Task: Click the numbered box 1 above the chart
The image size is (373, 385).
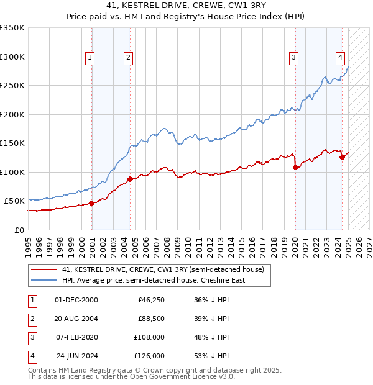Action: [x=90, y=58]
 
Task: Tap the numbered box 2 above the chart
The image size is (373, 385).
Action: [x=127, y=58]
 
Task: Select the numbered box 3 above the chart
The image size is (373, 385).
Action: [x=293, y=58]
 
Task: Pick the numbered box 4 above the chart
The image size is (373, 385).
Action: [x=341, y=58]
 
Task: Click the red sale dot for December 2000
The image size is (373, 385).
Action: [x=92, y=203]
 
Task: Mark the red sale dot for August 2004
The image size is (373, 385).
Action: [x=130, y=179]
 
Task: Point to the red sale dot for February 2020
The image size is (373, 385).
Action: [x=295, y=167]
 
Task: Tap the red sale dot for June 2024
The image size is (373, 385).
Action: [x=342, y=157]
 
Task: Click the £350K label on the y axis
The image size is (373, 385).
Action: [x=12, y=28]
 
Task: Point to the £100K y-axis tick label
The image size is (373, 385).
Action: [x=12, y=172]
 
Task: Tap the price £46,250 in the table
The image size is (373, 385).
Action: [x=152, y=300]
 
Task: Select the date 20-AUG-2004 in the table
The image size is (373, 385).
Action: [x=76, y=319]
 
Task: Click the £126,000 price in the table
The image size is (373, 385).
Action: [x=150, y=356]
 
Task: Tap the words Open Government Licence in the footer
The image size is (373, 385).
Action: [x=180, y=376]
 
